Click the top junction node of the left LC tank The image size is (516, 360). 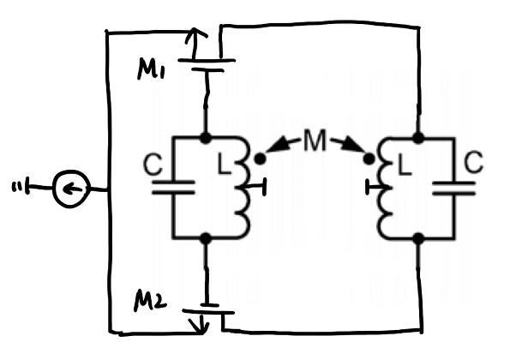[x=206, y=137]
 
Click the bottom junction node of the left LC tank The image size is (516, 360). [x=206, y=237]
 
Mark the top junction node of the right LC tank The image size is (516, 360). [x=418, y=137]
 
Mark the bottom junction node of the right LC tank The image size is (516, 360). [x=418, y=237]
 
